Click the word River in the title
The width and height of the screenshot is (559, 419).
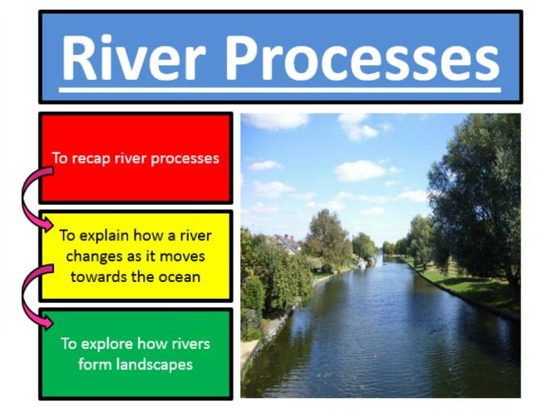click(134, 58)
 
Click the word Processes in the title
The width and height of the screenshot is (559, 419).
click(362, 58)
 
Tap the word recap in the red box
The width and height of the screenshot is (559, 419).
click(91, 159)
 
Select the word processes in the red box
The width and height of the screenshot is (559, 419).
click(184, 159)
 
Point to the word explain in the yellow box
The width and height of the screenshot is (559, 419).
click(105, 236)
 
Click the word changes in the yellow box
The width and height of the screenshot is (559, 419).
click(95, 256)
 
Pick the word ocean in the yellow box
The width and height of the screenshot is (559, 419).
click(180, 277)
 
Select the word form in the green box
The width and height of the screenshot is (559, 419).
click(95, 365)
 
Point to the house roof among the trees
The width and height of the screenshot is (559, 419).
click(288, 243)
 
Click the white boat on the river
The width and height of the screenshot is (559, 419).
click(362, 264)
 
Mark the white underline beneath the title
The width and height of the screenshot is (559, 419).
click(279, 90)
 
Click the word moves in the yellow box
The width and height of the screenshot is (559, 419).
click(182, 257)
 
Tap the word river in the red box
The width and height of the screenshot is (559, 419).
click(130, 159)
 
